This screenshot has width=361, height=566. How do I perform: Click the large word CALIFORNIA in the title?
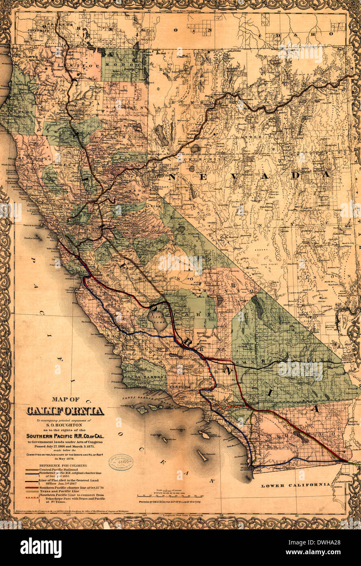point(65,411)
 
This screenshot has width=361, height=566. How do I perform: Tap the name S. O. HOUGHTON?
point(65,424)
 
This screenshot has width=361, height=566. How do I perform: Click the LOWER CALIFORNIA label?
point(295,485)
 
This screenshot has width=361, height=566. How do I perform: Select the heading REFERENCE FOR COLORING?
point(63,465)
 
